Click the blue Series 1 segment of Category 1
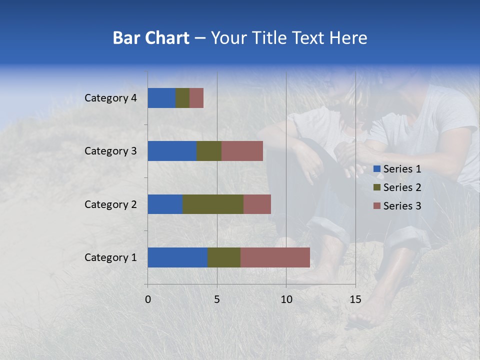coord(177,257)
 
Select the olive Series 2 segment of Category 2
coord(213,204)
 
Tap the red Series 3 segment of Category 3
coord(242,151)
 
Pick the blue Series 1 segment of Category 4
coord(161,98)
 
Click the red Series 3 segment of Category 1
coord(275,257)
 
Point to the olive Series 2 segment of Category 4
coord(182,98)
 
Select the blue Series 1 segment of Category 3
coord(172,151)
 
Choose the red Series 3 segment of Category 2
coord(257,204)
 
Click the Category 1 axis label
coord(110,257)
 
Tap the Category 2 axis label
coord(110,204)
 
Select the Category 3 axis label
coord(110,151)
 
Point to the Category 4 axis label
coord(110,98)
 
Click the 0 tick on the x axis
coord(148,299)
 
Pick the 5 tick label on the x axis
coord(217,299)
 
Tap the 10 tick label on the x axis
coord(286,299)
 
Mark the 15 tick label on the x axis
coord(355,299)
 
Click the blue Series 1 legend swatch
coord(377,169)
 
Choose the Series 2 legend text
coord(402,187)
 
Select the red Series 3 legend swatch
coord(377,206)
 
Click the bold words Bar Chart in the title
coord(151,38)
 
